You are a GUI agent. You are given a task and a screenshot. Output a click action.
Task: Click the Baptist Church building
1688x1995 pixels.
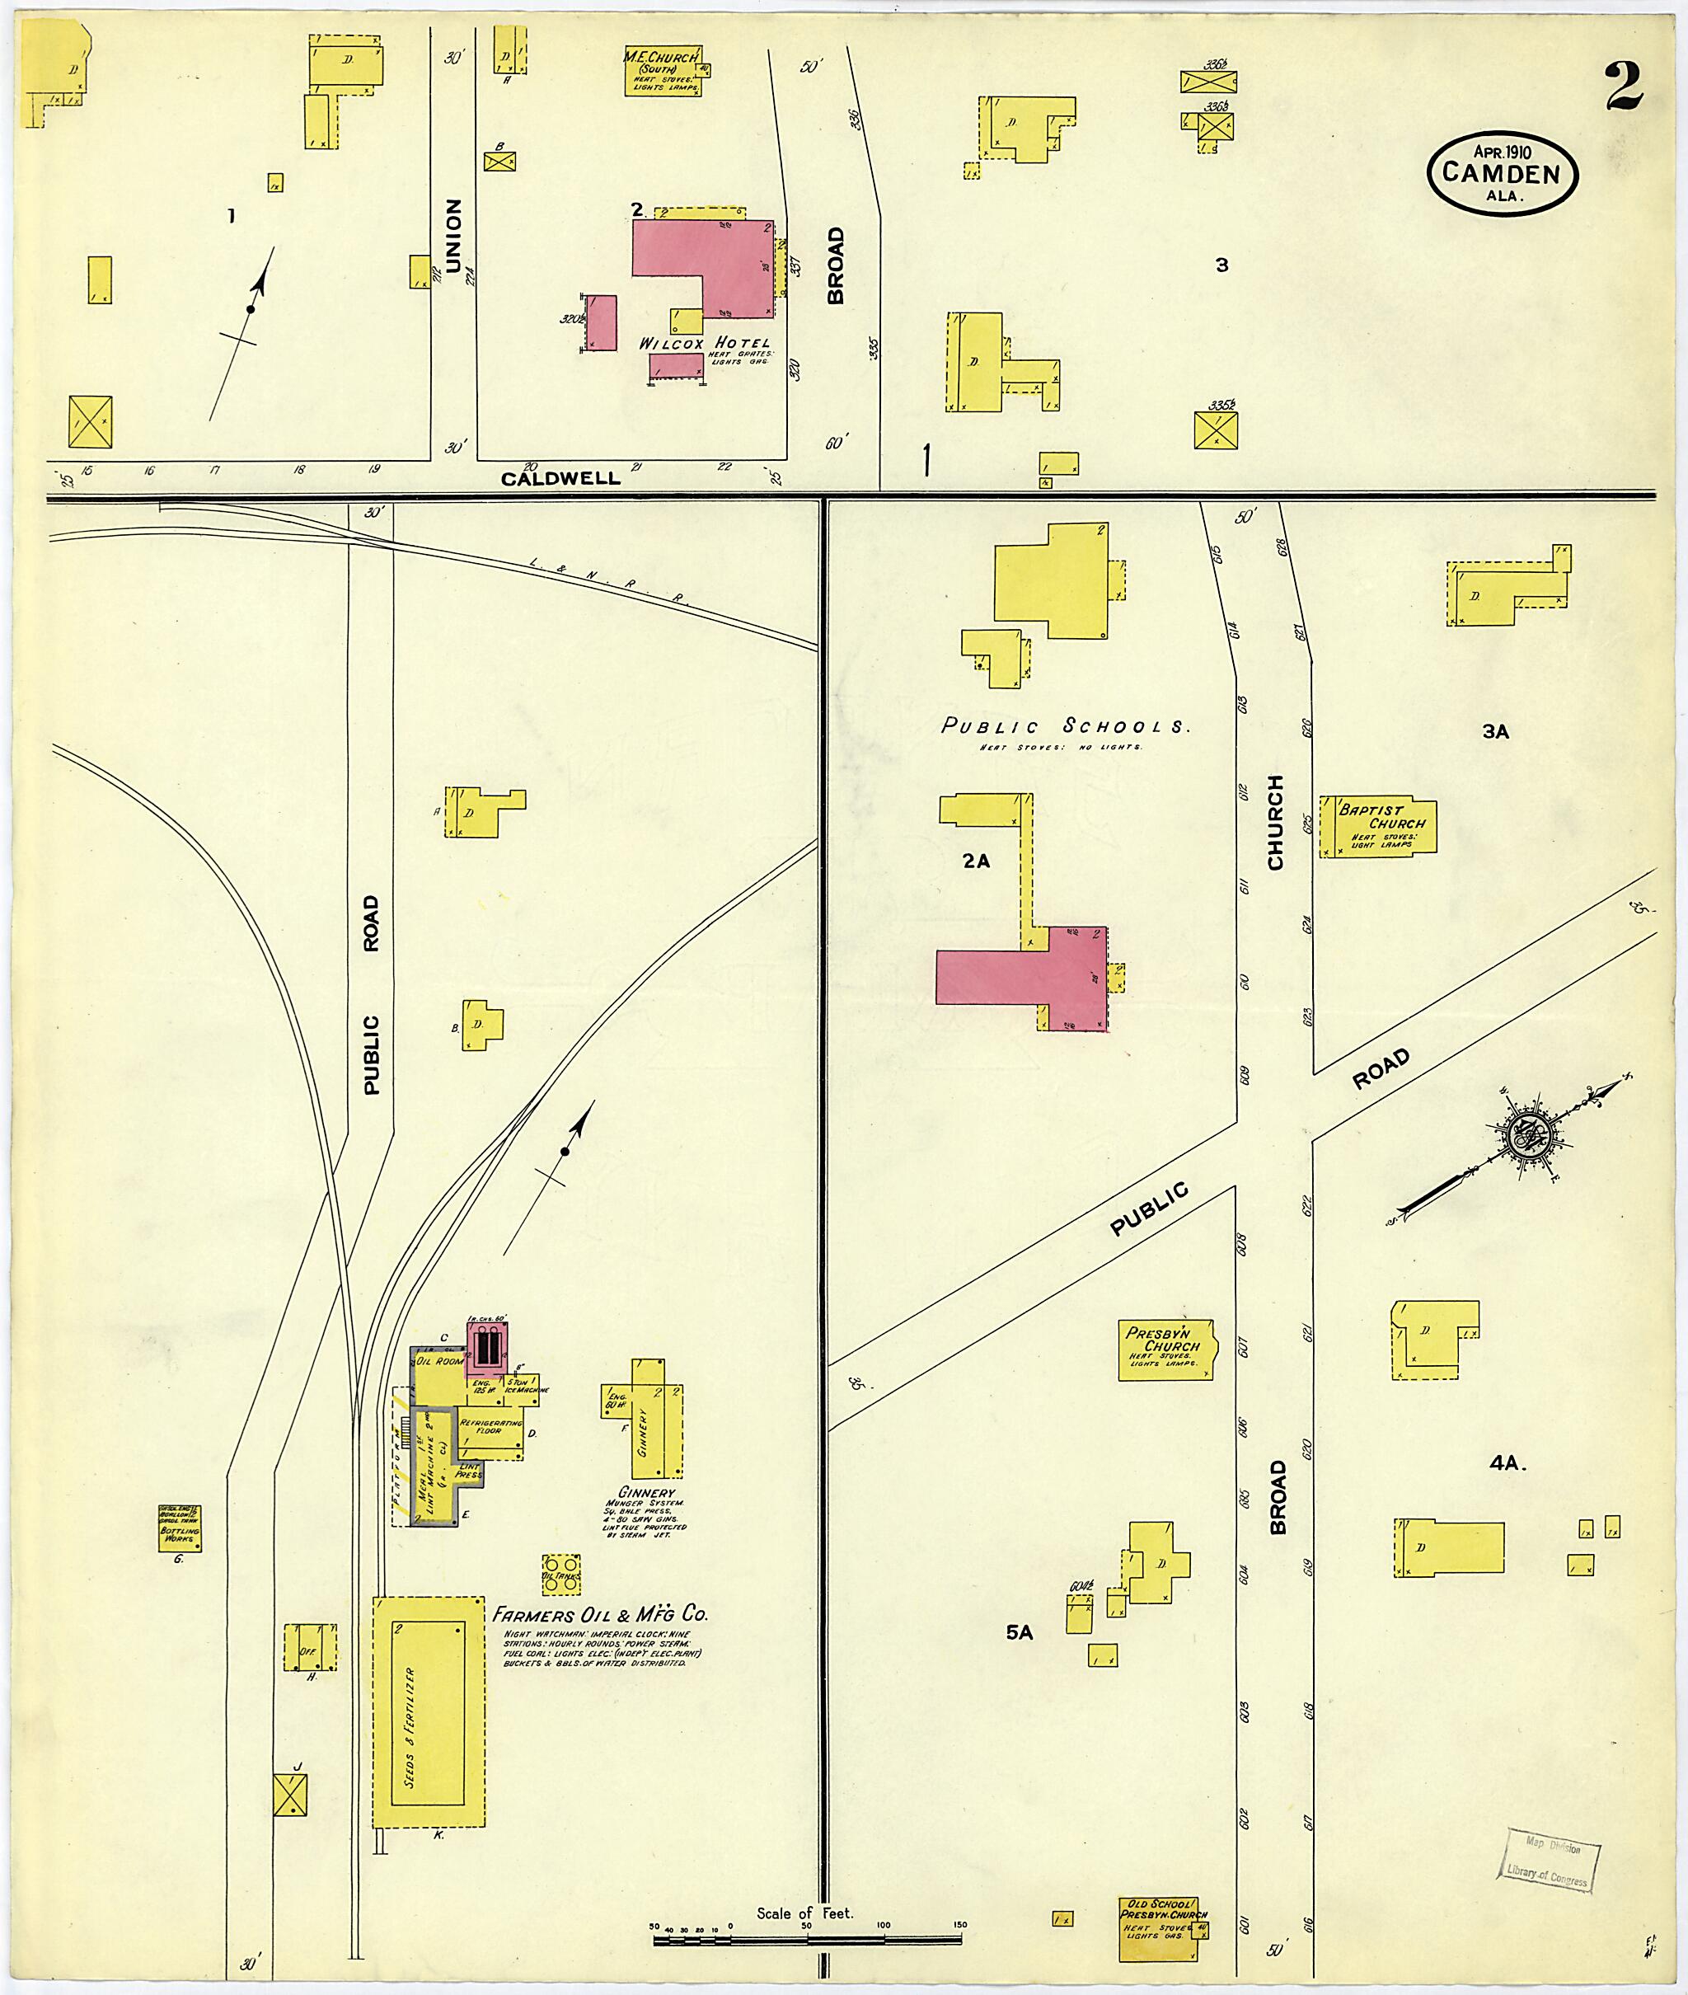(1379, 827)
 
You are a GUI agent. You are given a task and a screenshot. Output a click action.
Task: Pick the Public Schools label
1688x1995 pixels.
(1066, 726)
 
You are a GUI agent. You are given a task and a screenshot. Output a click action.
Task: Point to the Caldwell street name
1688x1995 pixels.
(560, 477)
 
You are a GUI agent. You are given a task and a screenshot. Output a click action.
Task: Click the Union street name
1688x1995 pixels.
(452, 236)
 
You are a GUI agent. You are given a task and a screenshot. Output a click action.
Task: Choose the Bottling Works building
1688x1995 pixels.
(179, 1530)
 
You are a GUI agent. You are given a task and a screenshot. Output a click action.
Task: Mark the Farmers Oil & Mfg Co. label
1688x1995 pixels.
(600, 1614)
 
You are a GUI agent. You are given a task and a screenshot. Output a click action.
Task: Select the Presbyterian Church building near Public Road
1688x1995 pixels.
(1165, 1350)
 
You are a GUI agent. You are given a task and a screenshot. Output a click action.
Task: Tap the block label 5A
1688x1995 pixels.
(1019, 1632)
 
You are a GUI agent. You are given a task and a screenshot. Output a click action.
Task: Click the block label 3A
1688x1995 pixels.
(1494, 732)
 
